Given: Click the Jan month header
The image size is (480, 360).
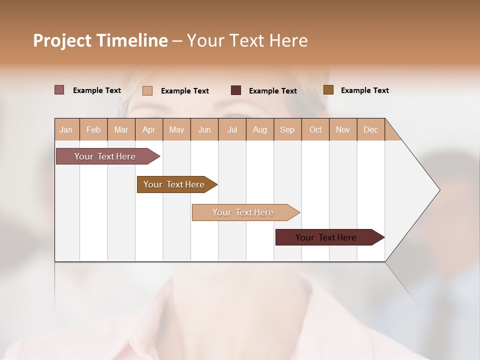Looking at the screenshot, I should point(66,129).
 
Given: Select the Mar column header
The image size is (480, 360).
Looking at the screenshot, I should point(121,129).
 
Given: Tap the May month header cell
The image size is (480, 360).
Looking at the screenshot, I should point(176,129).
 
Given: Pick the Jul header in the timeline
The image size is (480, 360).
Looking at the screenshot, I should point(232,129).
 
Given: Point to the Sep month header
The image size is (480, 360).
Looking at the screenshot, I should point(287,129).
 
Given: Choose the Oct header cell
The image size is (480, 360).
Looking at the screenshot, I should point(315,129).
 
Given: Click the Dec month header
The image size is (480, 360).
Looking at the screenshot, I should point(370,129).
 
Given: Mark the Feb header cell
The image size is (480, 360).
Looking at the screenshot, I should point(93,129).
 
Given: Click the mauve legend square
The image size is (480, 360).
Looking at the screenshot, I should point(59,90).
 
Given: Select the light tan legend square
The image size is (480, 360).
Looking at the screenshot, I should point(147,90).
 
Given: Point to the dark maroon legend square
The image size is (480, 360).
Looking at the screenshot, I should point(235,90).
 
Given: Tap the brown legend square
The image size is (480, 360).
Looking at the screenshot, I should point(328,90).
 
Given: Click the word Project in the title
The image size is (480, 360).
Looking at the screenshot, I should point(62,40).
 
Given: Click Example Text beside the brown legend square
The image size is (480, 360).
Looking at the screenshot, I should point(364,90).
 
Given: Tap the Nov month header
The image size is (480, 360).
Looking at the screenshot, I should point(343,129).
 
